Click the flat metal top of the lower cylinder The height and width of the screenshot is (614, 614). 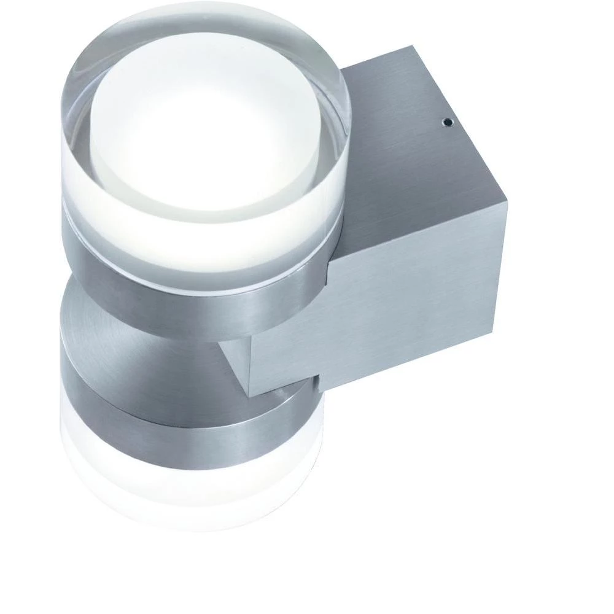tap(141, 332)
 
